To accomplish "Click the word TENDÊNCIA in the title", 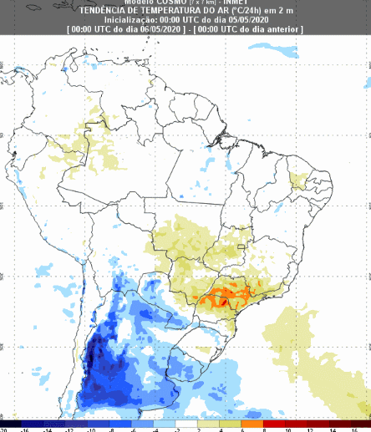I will tap(104, 11).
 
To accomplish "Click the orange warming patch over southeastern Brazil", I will tap(221, 295).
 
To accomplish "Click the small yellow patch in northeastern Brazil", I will tap(298, 179).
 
